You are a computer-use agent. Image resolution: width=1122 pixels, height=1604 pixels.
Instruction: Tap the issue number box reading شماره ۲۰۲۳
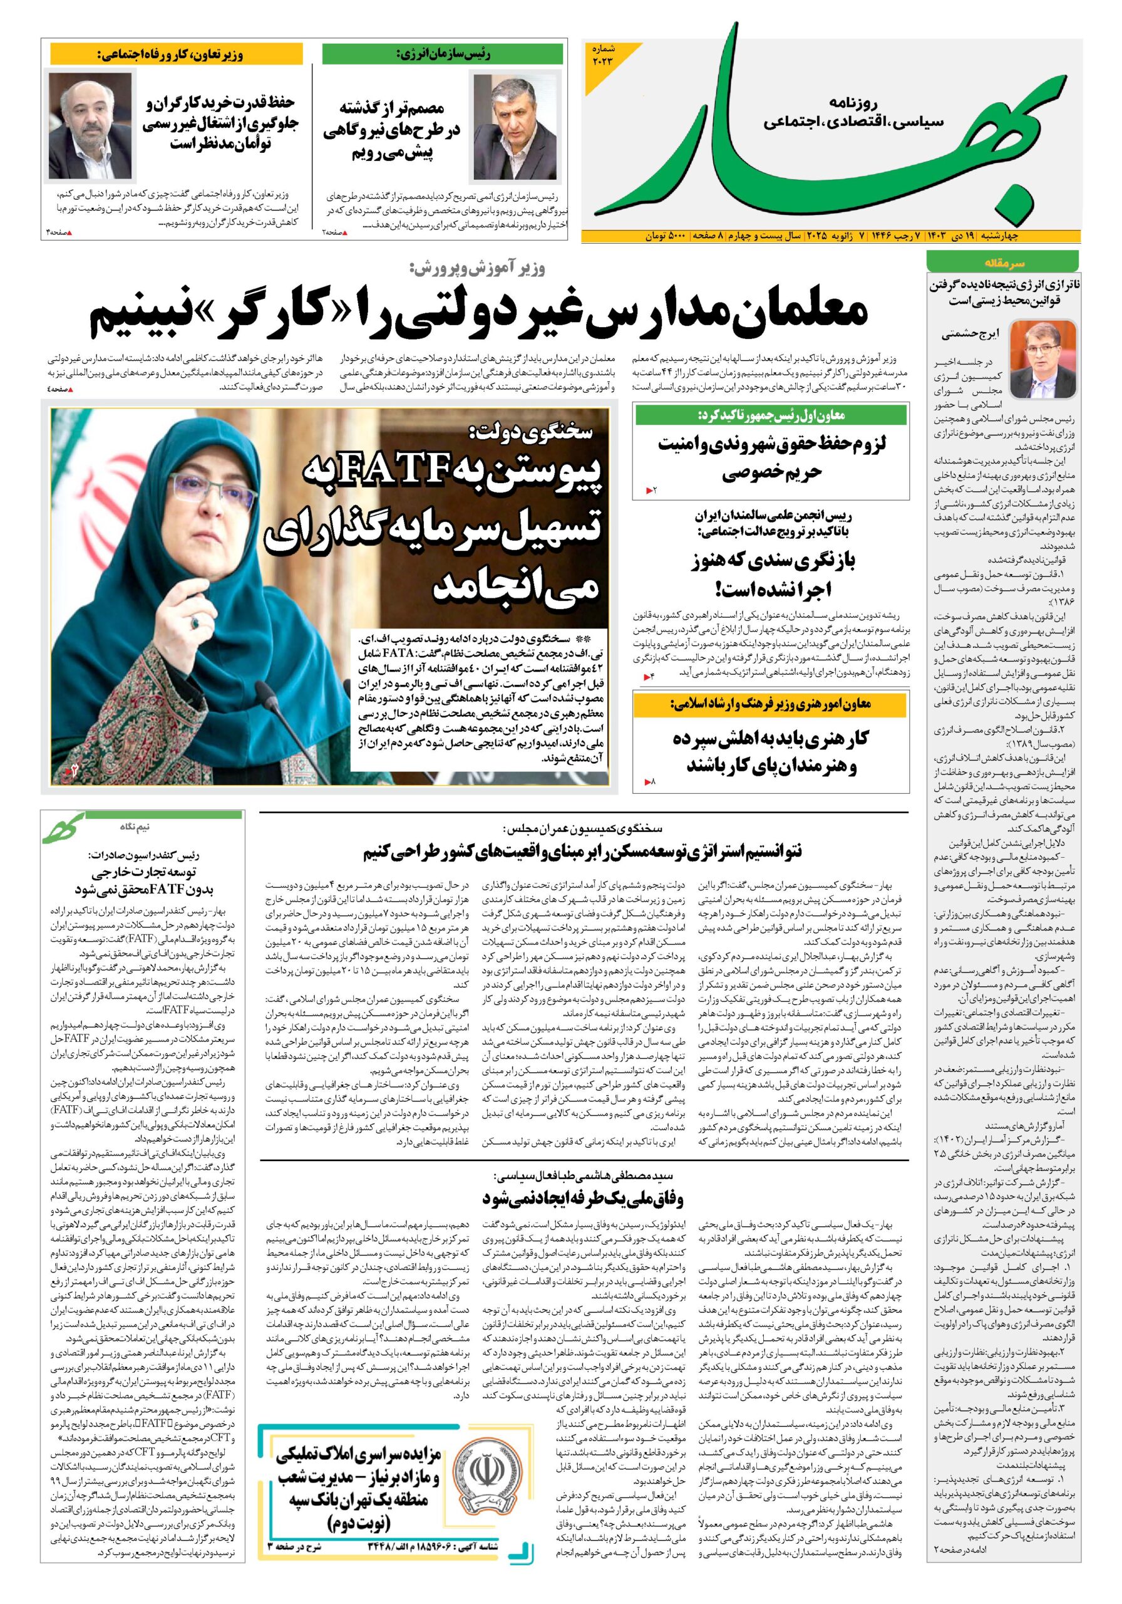pos(605,55)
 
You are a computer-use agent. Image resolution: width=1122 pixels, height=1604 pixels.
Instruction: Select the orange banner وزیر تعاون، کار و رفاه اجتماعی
pos(176,54)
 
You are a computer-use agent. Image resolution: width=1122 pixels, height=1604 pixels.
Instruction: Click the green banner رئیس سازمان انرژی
pos(443,54)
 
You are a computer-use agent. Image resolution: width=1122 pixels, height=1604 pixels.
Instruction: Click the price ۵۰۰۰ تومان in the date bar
pos(666,236)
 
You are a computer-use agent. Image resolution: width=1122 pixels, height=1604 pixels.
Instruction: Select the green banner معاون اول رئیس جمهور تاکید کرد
pos(771,415)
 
